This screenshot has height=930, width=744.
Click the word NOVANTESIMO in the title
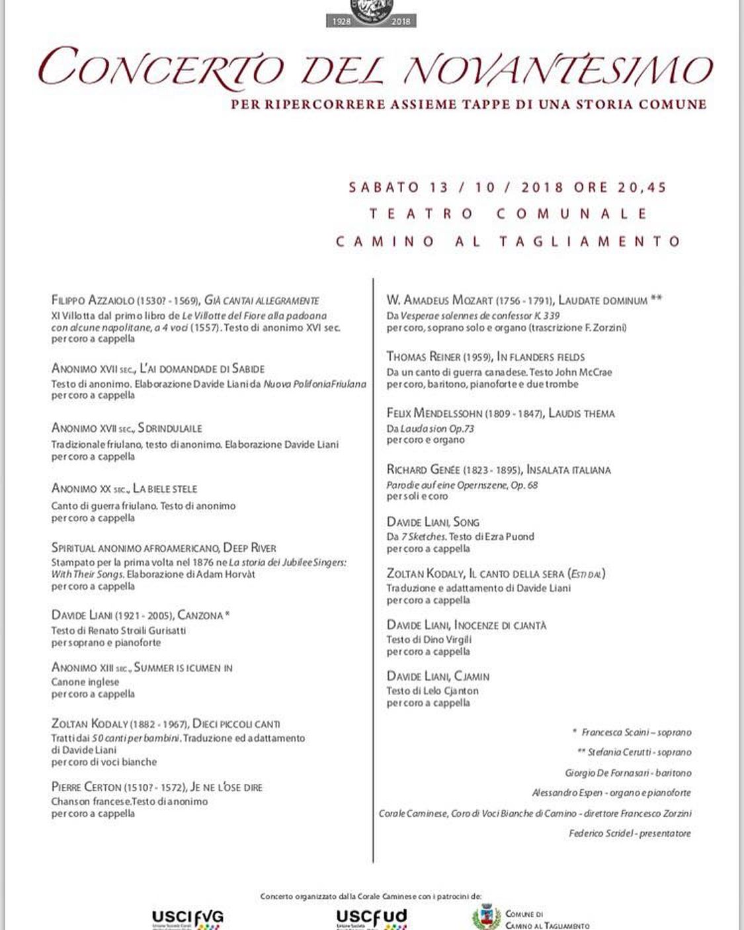point(555,69)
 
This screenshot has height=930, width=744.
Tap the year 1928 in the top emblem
point(342,21)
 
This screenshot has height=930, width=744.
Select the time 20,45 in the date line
point(642,187)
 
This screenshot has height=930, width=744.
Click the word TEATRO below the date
point(421,214)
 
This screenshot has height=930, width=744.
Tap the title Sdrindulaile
point(170,428)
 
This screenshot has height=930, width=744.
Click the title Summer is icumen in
point(183,668)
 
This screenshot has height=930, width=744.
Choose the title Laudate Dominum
point(602,300)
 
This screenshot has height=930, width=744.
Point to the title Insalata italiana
point(569,470)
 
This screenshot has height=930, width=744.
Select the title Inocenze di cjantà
point(500,625)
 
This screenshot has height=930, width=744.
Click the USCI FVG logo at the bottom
point(188,918)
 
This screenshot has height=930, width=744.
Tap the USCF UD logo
point(371,918)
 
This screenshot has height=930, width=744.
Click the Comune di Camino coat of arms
point(486,918)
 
